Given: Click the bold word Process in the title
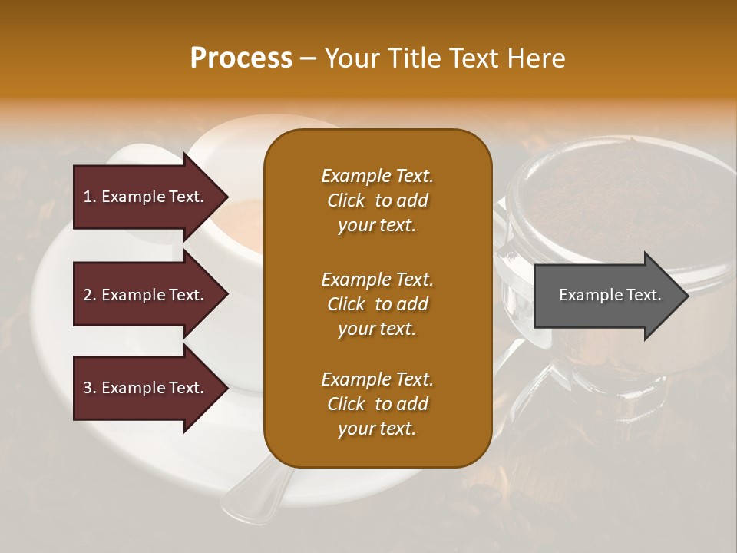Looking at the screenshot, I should tap(241, 58).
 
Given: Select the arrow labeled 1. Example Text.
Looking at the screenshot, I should tap(146, 197).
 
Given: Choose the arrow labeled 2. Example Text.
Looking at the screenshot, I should tap(146, 295).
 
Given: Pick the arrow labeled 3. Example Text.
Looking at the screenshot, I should tap(146, 388).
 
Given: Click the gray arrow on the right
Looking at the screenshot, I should tap(606, 295).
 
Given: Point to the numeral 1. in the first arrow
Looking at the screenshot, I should tap(90, 197).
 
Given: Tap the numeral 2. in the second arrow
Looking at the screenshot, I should tap(90, 295).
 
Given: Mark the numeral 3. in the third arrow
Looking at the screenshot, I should tap(90, 388).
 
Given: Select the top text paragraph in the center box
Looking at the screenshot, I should tap(377, 200).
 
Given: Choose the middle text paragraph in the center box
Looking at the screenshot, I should tap(377, 303).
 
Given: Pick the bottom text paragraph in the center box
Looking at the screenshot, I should tap(377, 404).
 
